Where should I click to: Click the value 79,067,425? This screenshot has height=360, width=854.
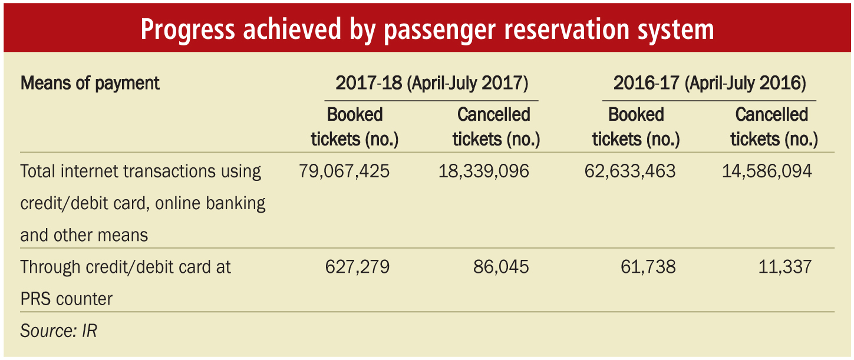tap(344, 171)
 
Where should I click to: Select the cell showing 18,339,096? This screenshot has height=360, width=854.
tap(484, 171)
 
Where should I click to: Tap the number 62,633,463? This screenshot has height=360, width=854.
tap(630, 171)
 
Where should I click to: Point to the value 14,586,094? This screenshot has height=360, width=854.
tap(767, 171)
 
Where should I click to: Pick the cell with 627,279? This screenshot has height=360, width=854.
tap(357, 267)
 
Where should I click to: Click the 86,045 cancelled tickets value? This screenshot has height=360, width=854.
tap(501, 267)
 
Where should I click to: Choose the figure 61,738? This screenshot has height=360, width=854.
tap(648, 267)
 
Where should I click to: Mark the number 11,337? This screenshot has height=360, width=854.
tap(785, 267)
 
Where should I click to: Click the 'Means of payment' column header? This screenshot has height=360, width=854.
tap(90, 84)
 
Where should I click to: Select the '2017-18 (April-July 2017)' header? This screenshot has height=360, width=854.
tap(431, 84)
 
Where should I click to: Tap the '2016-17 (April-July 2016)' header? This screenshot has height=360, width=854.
tap(710, 84)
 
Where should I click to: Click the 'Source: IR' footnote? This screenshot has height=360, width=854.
tap(59, 331)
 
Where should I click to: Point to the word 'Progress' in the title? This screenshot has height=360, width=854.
tap(187, 29)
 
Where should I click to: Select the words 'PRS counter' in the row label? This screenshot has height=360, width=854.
tap(67, 299)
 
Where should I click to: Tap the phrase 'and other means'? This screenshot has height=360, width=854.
tap(84, 235)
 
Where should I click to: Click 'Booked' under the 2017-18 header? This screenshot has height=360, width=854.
tap(355, 115)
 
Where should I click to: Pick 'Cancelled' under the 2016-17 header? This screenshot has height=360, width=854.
tap(771, 115)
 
